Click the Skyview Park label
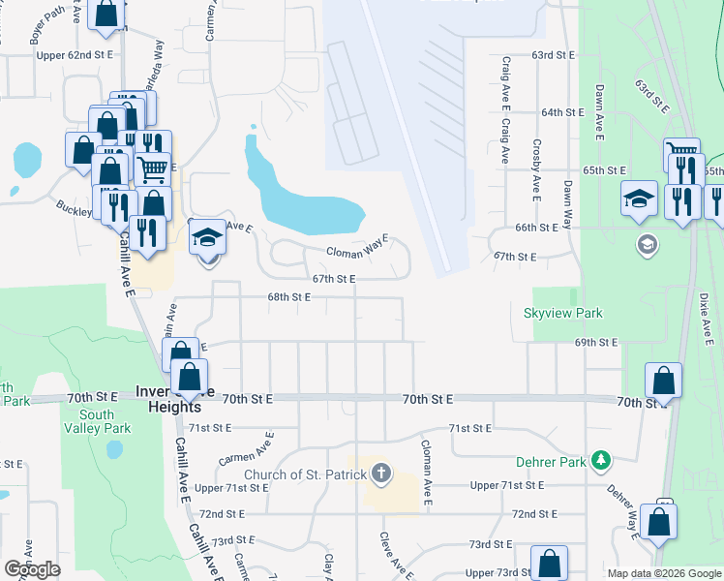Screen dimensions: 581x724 [x=562, y=313]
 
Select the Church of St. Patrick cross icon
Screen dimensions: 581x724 [x=382, y=474]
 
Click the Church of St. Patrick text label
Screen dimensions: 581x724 [x=305, y=474]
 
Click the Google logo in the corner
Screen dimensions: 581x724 [x=32, y=569]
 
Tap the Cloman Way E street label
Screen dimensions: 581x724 [x=356, y=250]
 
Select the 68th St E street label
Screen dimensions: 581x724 [x=288, y=297]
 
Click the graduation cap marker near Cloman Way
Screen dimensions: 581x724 [x=207, y=236]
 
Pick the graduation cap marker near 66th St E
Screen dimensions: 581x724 [x=639, y=199]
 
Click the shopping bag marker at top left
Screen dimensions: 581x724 [x=107, y=14]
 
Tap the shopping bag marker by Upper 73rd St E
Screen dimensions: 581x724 [x=550, y=563]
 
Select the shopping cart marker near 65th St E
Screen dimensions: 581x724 [x=681, y=155]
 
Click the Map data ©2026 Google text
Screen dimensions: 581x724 [x=664, y=573]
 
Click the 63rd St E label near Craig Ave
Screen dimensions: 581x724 [x=553, y=56]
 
